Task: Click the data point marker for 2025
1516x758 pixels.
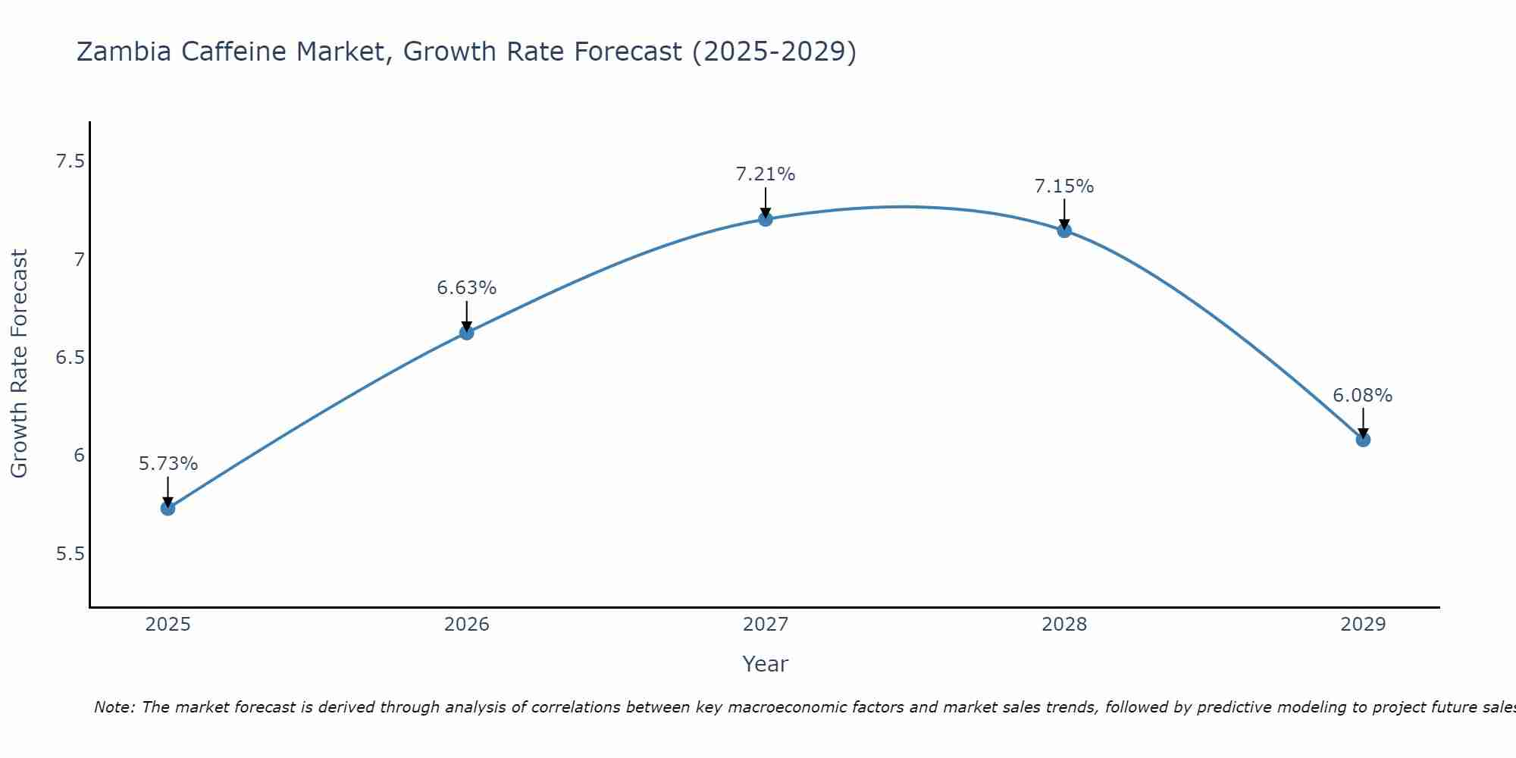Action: coord(168,508)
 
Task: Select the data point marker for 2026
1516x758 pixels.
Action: coord(467,332)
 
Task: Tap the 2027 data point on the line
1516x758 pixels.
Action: coord(766,219)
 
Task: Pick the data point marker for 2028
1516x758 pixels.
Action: coord(1064,230)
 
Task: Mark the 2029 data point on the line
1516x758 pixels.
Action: coord(1363,440)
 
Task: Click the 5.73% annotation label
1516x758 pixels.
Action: coord(168,464)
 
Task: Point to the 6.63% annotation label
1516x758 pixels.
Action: coord(467,288)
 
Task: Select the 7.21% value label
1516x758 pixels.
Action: coord(766,174)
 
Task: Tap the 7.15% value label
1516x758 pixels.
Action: coord(1064,186)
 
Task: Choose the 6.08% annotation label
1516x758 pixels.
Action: coord(1363,396)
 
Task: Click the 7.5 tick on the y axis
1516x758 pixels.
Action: coord(70,161)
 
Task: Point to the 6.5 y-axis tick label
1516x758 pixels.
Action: coord(70,358)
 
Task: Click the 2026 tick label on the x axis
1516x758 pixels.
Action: coord(467,625)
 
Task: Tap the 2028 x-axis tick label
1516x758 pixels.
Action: coord(1064,625)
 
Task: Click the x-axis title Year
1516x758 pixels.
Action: coord(766,664)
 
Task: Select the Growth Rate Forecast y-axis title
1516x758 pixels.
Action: coord(19,364)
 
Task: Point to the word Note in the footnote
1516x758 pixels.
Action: coord(113,707)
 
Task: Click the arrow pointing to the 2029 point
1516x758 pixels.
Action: coord(1363,422)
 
